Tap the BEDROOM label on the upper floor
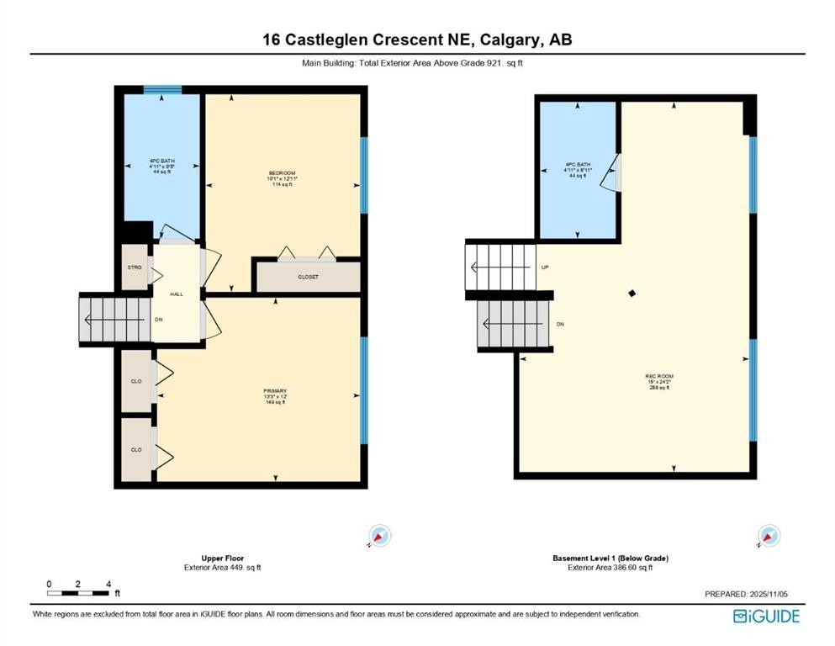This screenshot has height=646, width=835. tap(283, 173)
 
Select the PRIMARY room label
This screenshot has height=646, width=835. tap(275, 391)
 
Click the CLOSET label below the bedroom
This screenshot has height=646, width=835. tap(308, 277)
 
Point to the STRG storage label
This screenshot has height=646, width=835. tap(133, 267)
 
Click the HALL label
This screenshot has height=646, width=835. tap(176, 294)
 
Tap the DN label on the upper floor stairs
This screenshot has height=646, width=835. tap(158, 320)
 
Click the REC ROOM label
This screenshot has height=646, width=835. tap(659, 376)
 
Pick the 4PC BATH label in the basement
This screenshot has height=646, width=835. tap(577, 165)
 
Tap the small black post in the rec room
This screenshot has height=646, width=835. tap(632, 293)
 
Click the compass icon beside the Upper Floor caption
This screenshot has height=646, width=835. tap(380, 536)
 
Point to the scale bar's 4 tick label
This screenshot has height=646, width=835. tap(108, 584)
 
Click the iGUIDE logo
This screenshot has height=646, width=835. tap(766, 617)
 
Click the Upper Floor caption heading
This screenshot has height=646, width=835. tap(223, 558)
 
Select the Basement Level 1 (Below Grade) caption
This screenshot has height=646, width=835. tap(610, 558)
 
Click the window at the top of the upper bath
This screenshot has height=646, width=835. tap(162, 89)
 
